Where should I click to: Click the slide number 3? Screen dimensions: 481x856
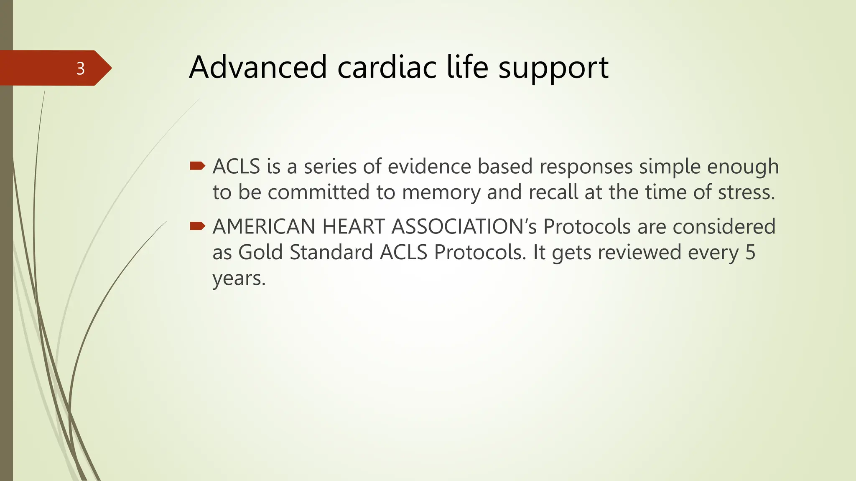click(81, 68)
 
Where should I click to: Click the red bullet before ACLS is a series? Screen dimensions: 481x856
click(197, 166)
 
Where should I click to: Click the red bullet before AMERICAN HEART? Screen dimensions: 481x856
click(197, 226)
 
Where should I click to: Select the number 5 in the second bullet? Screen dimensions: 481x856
click(750, 252)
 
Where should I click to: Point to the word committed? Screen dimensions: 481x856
click(318, 192)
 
